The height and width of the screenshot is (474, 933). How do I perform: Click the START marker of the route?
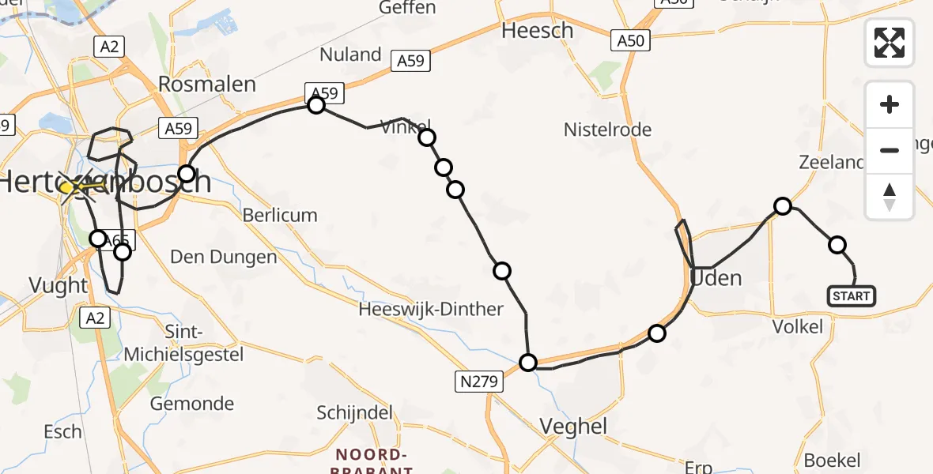coord(851,296)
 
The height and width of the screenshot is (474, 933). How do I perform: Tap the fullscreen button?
coord(890,42)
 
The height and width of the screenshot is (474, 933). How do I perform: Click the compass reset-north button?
coord(890,197)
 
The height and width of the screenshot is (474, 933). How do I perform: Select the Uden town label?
coord(716,278)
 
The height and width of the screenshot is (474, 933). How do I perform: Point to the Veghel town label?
coord(573,427)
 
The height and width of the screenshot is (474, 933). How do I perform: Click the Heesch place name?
coord(538,31)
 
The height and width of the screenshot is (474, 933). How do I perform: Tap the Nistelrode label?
coord(607,130)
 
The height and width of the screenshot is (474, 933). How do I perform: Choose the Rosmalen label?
coord(208,84)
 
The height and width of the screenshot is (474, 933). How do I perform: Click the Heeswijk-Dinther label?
coord(431,309)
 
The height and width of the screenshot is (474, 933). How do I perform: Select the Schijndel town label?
coord(355,412)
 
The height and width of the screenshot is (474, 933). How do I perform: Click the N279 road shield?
coord(478,382)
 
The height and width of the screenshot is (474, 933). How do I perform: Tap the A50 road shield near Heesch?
coord(630,40)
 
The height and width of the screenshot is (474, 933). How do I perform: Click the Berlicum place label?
coord(280,215)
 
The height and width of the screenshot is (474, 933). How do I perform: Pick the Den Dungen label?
coord(224,257)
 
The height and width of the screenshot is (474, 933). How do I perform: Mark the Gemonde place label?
coord(192,404)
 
